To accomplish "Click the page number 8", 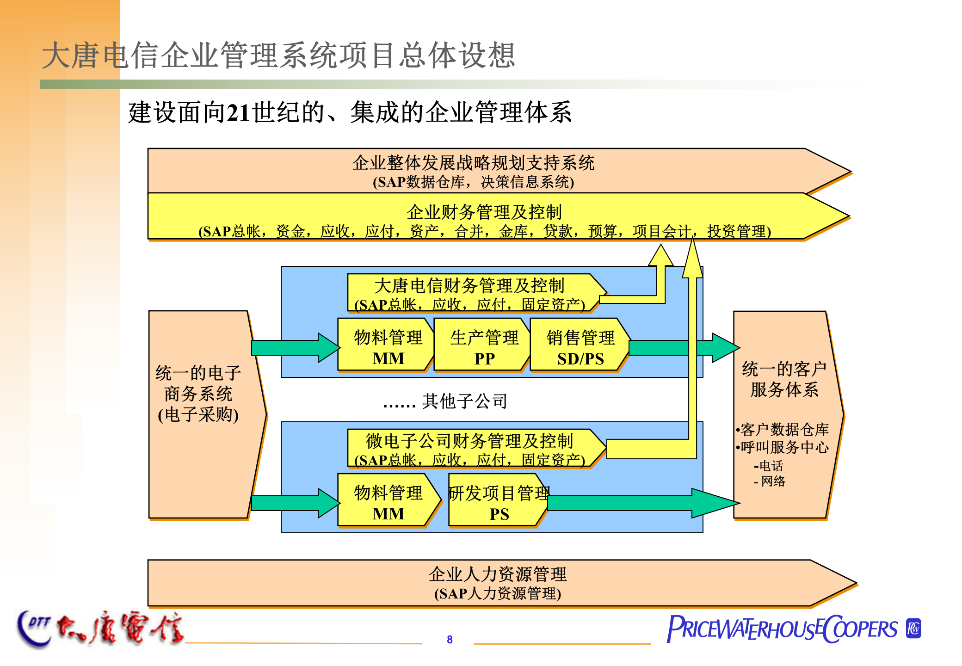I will point(450,639).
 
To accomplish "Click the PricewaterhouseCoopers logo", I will point(793,629).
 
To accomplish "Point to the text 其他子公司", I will point(464,401).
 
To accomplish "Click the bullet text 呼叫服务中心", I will point(784,447).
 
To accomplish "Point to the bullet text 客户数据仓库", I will point(784,430).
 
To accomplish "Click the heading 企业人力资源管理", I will point(498,574).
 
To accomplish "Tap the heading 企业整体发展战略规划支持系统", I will point(473,163).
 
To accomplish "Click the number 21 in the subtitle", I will point(239,113).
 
